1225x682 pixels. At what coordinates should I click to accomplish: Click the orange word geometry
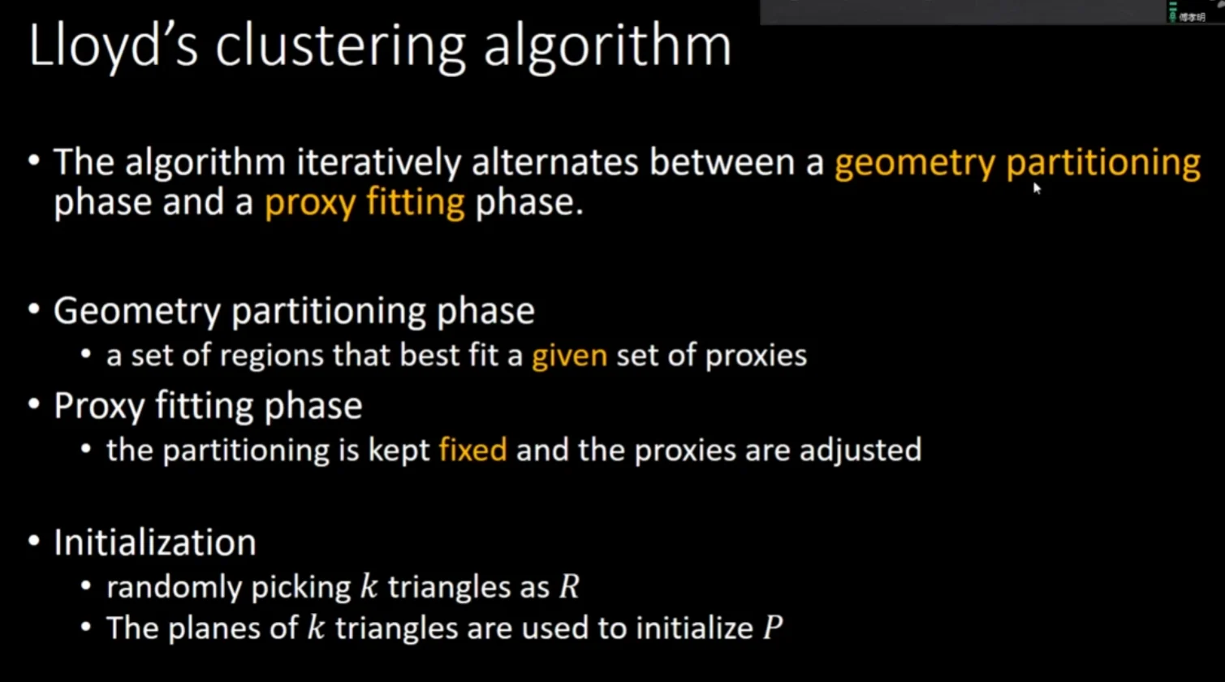click(915, 164)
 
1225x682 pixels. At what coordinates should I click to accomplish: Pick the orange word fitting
click(416, 202)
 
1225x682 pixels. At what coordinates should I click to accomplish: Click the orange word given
click(569, 356)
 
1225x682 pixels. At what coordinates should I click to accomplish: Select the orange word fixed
click(473, 450)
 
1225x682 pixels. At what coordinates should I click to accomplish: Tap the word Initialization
click(155, 542)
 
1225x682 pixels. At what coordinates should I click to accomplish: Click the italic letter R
click(569, 587)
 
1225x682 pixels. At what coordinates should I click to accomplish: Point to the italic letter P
click(773, 628)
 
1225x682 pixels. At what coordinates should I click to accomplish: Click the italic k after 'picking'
click(369, 586)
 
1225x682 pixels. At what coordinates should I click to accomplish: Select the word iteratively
click(378, 163)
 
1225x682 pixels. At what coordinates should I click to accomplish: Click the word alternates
click(554, 163)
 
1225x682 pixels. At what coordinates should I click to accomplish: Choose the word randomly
click(174, 588)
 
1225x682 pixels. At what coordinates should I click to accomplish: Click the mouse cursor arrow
click(1037, 188)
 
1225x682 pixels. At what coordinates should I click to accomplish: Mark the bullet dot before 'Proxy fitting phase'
click(34, 404)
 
